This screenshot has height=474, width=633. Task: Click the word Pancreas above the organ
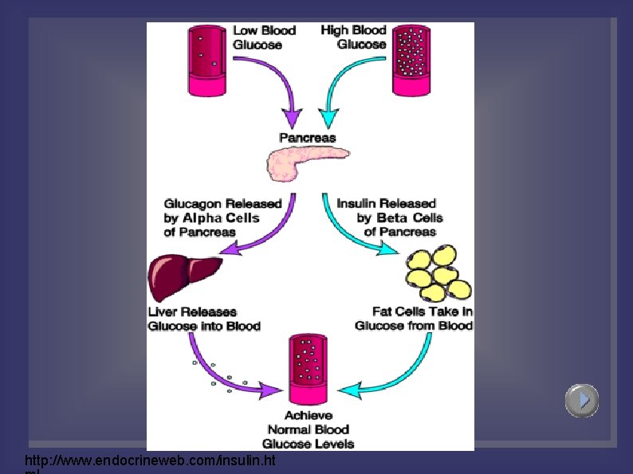click(307, 138)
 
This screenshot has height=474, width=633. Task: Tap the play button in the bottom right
click(582, 400)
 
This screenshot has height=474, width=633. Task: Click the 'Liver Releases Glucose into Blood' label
click(204, 319)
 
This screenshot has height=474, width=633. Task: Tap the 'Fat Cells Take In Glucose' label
click(414, 319)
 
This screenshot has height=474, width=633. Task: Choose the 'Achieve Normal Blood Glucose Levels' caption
click(308, 429)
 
